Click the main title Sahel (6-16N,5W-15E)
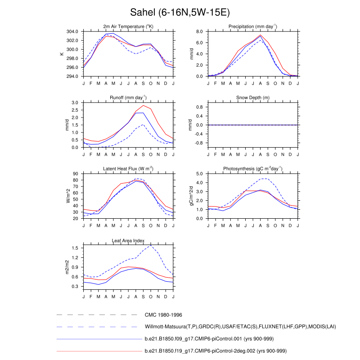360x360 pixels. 180,12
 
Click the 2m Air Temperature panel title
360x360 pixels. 128,27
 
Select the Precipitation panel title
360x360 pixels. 252,27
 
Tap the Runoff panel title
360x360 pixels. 128,98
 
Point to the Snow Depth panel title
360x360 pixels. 252,98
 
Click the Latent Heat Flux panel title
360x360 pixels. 128,169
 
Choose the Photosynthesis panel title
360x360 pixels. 252,169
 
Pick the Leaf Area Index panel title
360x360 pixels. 128,240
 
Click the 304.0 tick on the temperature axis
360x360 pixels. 74,31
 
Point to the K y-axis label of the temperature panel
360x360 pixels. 62,54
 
